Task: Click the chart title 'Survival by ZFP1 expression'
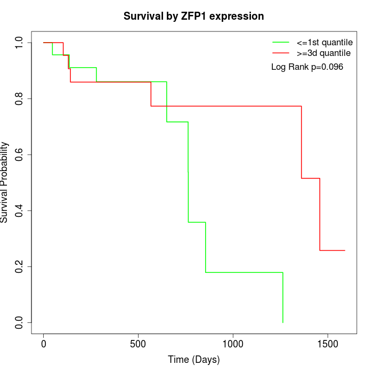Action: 193,17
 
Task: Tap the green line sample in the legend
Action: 281,42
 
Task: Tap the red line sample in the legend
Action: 281,53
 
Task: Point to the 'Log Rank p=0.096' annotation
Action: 307,67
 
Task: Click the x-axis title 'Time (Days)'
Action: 193,360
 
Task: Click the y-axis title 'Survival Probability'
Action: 5,182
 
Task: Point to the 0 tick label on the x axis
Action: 44,344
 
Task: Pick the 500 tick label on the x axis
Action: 138,344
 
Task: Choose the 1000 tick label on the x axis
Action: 233,344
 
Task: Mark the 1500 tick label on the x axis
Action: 327,344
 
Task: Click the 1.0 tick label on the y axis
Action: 20,43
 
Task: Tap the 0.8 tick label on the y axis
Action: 20,99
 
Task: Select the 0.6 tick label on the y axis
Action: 20,155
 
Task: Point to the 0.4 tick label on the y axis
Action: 20,210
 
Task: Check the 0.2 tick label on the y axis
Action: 20,266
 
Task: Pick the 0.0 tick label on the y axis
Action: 20,322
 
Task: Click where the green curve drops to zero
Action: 282,322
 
